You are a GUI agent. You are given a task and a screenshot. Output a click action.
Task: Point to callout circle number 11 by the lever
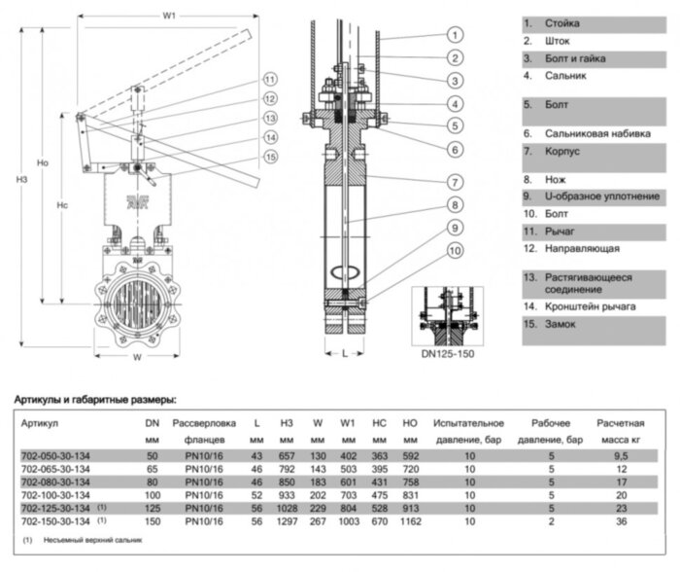click(x=270, y=80)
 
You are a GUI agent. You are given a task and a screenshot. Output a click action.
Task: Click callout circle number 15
click(x=270, y=157)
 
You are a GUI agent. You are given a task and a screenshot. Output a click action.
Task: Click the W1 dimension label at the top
click(x=169, y=16)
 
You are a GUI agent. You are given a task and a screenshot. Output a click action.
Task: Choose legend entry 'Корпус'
click(x=537, y=152)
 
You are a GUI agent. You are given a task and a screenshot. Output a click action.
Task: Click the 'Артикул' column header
click(x=40, y=424)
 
